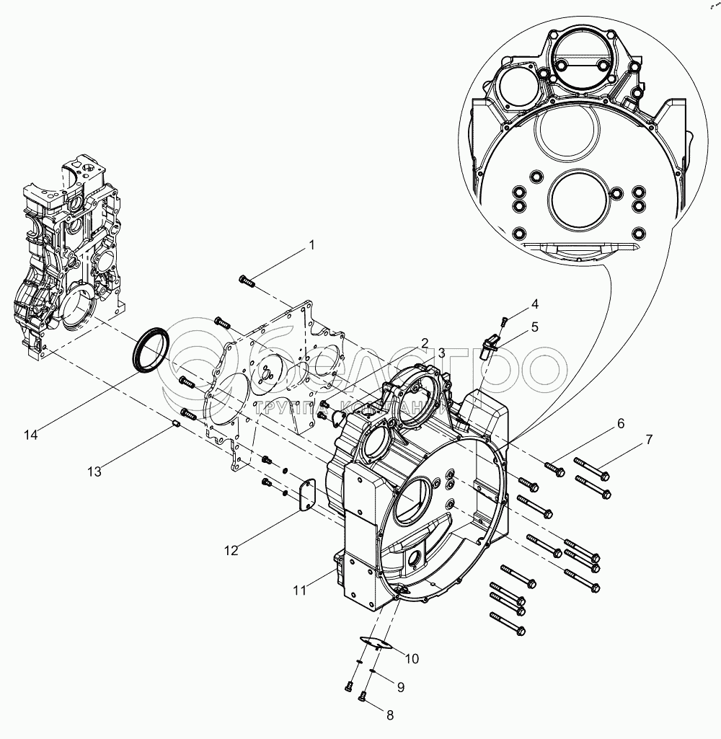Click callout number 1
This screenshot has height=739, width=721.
click(x=311, y=245)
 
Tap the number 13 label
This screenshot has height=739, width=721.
click(x=95, y=472)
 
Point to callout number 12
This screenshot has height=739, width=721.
click(x=231, y=550)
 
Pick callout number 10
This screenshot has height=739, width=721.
click(x=411, y=658)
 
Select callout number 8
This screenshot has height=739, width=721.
click(x=390, y=716)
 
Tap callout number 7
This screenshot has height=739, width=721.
click(x=649, y=439)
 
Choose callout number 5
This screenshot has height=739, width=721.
click(x=534, y=327)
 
